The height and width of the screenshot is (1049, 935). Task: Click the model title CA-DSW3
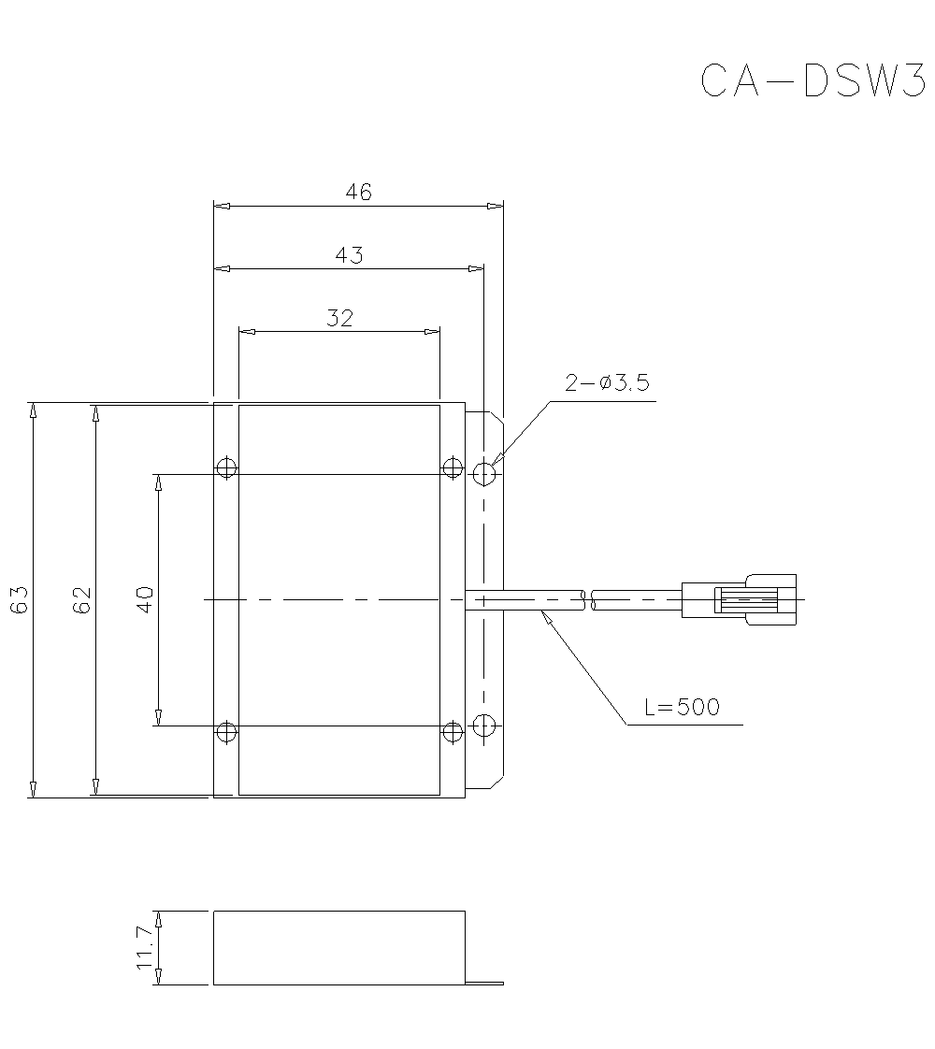812,81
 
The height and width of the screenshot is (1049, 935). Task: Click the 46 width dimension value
358,193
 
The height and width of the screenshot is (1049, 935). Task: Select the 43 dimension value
349,255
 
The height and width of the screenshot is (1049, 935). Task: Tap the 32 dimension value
340,318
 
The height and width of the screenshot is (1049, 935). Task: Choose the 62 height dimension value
82,599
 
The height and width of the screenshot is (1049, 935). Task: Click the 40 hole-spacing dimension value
145,599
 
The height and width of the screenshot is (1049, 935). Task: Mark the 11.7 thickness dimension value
145,947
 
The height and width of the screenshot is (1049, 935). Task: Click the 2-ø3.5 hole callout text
607,383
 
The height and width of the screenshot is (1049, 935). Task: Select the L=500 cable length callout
683,707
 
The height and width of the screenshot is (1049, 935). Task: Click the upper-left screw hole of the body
226,467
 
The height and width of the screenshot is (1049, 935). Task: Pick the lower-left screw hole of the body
226,731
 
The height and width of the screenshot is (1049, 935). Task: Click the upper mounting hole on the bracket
483,474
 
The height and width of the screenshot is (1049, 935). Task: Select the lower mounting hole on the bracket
483,725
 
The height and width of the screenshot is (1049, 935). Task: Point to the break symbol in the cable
587,599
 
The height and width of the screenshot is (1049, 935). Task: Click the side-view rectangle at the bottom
338,947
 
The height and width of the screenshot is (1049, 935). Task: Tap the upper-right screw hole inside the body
453,467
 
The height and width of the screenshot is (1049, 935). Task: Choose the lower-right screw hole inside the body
453,731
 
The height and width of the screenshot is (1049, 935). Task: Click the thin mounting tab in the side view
484,983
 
